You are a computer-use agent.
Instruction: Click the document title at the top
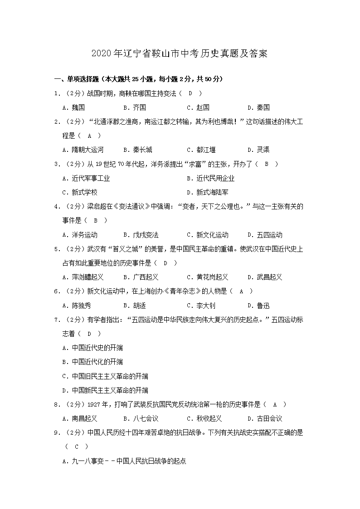pos(180,53)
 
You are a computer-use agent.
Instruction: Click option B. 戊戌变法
pos(141,235)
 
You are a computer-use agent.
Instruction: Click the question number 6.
pos(57,291)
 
